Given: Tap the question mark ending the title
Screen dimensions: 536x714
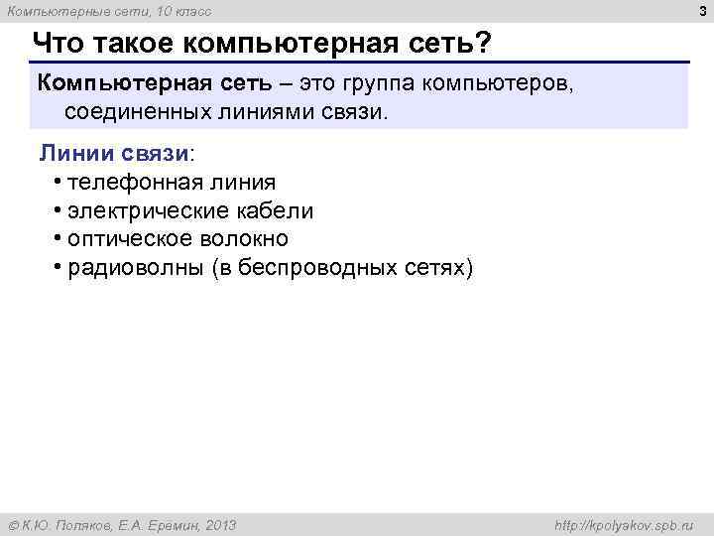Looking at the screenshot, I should (x=484, y=45).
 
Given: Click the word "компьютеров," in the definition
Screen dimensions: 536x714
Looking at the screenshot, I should (x=498, y=82).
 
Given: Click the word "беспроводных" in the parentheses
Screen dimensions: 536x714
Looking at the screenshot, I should (x=328, y=268).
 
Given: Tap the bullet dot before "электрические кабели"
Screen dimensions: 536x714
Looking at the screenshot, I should (x=59, y=210).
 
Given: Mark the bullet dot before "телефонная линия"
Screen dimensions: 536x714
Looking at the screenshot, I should (x=59, y=182).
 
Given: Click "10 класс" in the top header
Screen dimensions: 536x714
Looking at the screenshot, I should (x=182, y=11).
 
